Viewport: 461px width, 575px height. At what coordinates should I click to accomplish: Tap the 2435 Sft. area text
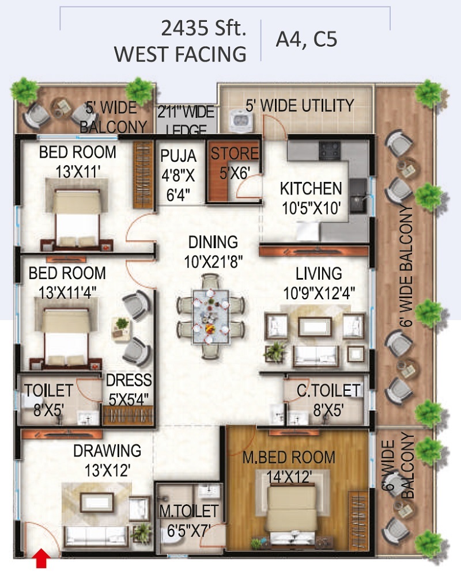point(203,28)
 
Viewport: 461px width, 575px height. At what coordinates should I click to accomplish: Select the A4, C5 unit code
point(307,39)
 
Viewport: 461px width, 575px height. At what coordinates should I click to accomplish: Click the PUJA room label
point(179,156)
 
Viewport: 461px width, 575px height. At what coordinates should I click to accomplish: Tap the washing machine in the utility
point(240,120)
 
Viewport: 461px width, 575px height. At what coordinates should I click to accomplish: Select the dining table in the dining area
point(211,316)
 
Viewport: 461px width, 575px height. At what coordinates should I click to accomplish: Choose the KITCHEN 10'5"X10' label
point(311,198)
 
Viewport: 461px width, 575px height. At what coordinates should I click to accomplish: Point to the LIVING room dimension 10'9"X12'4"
point(319,293)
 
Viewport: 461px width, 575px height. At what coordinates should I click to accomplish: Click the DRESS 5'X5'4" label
point(129,390)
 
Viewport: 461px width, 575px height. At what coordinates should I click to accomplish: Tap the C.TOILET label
point(328,390)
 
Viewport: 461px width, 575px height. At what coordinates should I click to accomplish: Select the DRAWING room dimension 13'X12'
point(107,470)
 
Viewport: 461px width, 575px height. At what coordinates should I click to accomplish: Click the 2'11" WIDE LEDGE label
point(186,120)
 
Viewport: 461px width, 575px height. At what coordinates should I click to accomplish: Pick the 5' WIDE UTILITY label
point(300,105)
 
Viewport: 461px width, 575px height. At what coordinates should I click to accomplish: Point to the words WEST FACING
point(180,54)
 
